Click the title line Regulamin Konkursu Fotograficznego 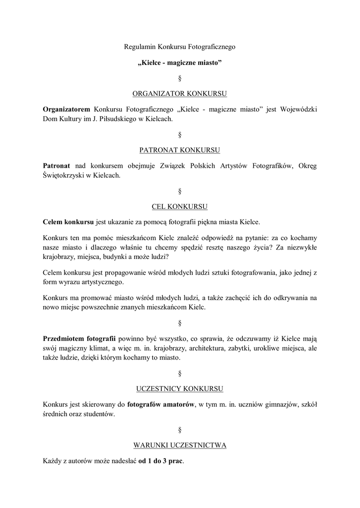click(179, 47)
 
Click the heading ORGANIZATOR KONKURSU click(180, 93)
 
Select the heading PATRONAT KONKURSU click(180, 149)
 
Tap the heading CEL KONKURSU click(180, 205)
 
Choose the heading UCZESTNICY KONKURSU click(180, 388)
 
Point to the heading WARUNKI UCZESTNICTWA click(180, 445)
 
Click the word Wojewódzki click(298, 109)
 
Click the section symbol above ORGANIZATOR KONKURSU click(180, 78)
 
